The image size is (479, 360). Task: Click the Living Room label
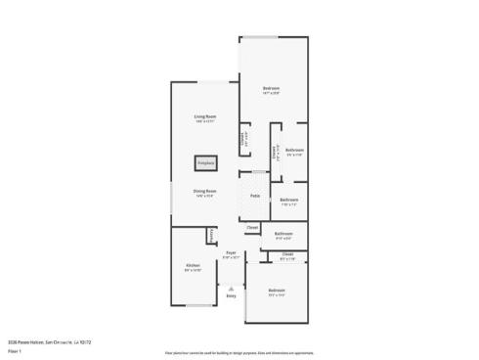click(x=204, y=116)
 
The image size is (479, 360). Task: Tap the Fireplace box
click(x=204, y=162)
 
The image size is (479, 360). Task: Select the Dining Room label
click(x=204, y=191)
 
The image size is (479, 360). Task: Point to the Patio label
click(x=255, y=196)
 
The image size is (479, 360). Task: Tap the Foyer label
click(x=232, y=252)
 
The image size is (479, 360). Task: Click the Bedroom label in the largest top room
click(x=272, y=89)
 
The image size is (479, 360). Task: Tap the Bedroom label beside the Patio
click(x=288, y=200)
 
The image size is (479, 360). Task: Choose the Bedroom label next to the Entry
click(x=277, y=290)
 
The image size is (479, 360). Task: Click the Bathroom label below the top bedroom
click(x=294, y=150)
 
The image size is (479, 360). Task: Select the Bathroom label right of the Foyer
click(x=283, y=233)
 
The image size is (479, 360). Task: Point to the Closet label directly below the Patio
click(x=252, y=227)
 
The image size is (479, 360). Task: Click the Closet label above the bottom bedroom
click(x=287, y=253)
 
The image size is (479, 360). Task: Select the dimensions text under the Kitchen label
click(x=194, y=270)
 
